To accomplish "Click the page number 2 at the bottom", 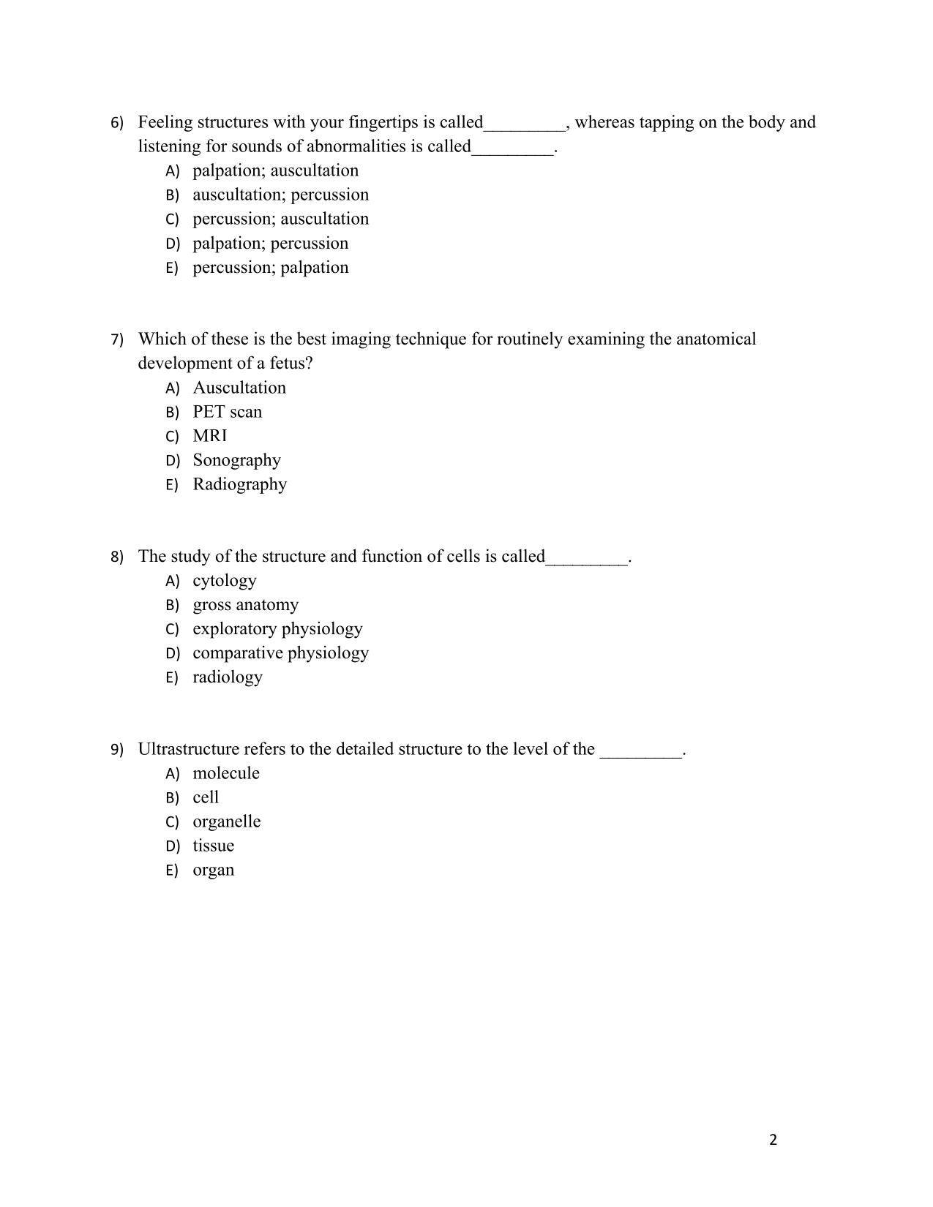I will tap(773, 1140).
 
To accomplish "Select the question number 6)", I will tap(117, 123).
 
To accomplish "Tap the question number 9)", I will tap(117, 750).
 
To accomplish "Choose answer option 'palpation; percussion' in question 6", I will tap(270, 243).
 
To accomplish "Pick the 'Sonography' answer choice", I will tap(236, 460).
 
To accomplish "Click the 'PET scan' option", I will tap(227, 412).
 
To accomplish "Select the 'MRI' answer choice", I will tap(210, 436).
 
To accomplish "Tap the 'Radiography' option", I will tap(239, 484).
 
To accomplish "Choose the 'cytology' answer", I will tap(224, 581).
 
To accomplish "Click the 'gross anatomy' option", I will tap(245, 605).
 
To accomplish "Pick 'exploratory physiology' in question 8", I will tap(277, 629).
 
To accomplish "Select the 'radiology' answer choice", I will tap(227, 677).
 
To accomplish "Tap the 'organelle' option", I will tap(226, 821).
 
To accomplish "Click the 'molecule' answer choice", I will tap(225, 773).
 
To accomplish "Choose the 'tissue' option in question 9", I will tap(213, 846).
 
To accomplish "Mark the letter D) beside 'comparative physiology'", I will tap(173, 653).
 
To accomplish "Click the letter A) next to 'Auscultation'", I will tap(173, 388).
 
